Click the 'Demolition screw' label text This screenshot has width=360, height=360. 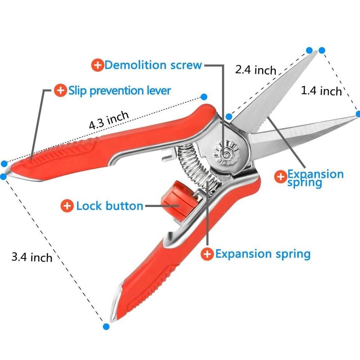pyautogui.click(x=153, y=65)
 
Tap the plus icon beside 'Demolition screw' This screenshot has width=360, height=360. pyautogui.click(x=97, y=65)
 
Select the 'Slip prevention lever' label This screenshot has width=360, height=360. pyautogui.click(x=119, y=90)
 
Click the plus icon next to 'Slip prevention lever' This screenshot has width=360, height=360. pyautogui.click(x=60, y=90)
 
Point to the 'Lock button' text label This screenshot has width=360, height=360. pyautogui.click(x=110, y=206)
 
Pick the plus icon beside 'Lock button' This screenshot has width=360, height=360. pyautogui.click(x=67, y=205)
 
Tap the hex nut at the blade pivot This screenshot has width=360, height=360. pyautogui.click(x=226, y=153)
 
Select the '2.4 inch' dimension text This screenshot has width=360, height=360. pyautogui.click(x=255, y=70)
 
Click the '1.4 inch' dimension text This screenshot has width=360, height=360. pyautogui.click(x=321, y=90)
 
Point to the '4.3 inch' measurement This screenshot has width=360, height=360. pyautogui.click(x=109, y=120)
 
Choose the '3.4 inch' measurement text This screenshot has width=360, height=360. pyautogui.click(x=32, y=257)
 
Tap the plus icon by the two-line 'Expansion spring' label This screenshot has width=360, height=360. pyautogui.click(x=280, y=177)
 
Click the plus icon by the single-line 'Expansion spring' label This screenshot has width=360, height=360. pyautogui.click(x=207, y=254)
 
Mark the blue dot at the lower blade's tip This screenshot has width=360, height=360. pyautogui.click(x=358, y=114)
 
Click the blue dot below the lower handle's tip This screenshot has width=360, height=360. pyautogui.click(x=106, y=327)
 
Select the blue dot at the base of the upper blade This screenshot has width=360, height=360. pyautogui.click(x=229, y=117)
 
